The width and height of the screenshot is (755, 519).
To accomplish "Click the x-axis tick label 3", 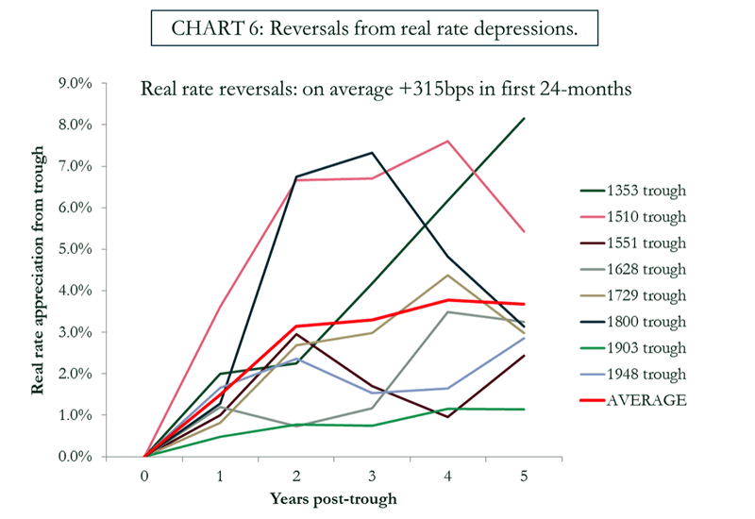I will click(372, 477).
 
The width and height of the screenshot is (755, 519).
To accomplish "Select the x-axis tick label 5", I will click(524, 477).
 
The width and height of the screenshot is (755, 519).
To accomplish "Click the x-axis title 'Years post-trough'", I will click(334, 498).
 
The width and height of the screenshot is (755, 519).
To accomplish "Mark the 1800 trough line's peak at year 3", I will click(372, 153).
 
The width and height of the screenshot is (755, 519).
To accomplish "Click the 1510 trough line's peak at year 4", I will click(448, 142).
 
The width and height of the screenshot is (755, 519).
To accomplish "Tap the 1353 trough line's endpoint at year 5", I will click(524, 118).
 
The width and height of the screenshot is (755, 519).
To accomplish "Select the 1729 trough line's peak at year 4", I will click(448, 275).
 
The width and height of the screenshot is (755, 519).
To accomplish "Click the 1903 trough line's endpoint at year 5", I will click(524, 410).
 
